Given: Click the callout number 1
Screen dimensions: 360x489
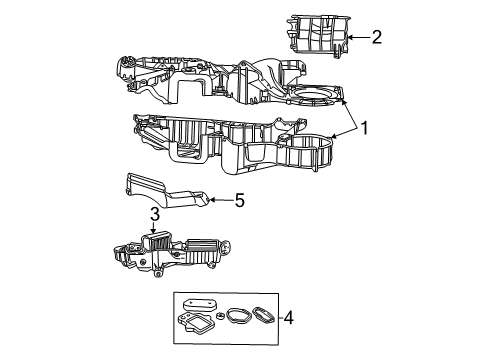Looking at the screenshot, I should point(367,129).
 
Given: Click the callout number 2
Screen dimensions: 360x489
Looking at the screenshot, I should point(376,38).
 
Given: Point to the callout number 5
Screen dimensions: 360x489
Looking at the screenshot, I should point(238,200).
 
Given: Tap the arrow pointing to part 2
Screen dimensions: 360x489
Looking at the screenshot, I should point(358,39).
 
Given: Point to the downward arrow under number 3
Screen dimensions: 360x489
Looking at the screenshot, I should point(155,228).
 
